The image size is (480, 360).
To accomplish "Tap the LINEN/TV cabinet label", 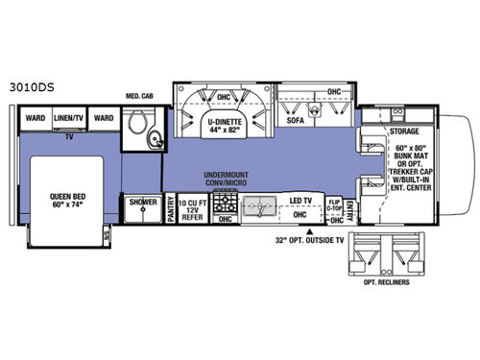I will coord(69,119).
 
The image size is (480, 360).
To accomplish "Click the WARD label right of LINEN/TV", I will coord(105,119).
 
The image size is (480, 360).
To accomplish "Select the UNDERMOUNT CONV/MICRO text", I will coord(227,180).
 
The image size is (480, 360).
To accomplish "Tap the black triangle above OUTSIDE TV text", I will coord(308,231).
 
